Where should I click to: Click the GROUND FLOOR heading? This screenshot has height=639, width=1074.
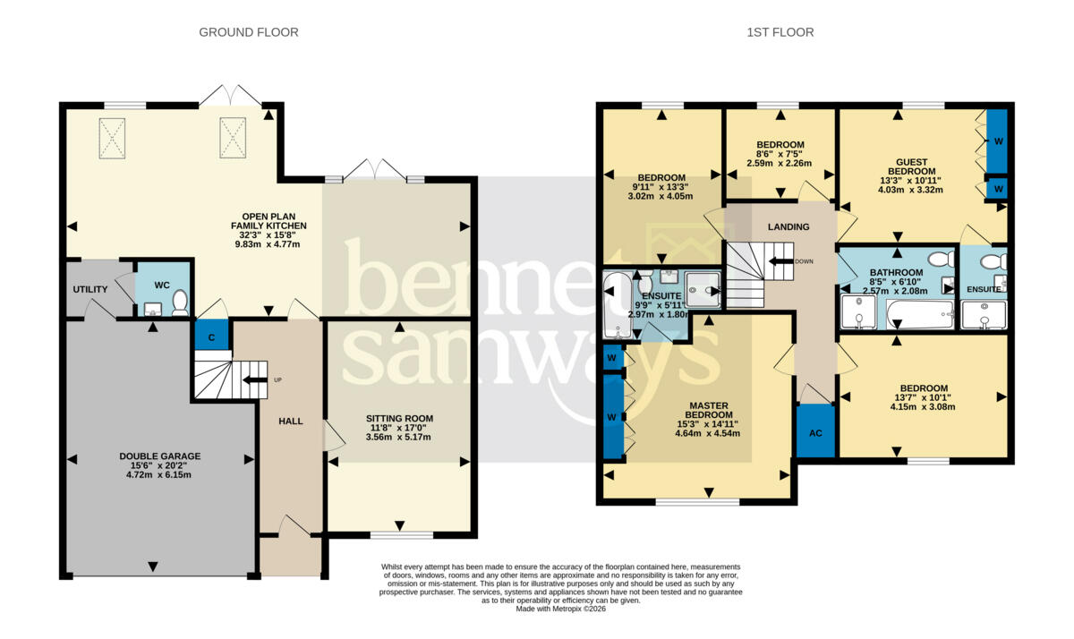coord(249,32)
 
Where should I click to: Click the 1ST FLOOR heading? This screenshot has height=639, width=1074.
coord(780,32)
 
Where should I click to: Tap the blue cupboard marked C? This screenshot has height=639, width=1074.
coord(211,335)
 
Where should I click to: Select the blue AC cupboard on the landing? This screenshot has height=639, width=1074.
coord(815,431)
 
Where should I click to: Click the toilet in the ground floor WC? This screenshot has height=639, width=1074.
coord(180,302)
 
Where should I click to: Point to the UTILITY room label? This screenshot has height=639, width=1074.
coord(90,290)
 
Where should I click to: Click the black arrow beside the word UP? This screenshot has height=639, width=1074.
coord(255,380)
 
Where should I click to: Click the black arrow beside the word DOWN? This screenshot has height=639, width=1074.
coord(781,261)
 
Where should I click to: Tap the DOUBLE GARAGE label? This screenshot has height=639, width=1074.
coord(159,456)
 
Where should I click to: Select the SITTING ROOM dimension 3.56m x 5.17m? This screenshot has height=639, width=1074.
coord(398,437)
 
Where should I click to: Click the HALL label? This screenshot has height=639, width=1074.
coord(291,422)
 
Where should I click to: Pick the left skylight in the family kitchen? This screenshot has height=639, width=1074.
coord(112,138)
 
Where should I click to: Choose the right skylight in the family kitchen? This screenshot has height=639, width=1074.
coord(233,138)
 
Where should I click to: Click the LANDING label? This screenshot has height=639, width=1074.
coord(788,226)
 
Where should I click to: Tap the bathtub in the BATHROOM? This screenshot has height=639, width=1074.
coord(920,314)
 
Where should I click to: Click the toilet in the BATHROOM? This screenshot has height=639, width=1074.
coord(941,260)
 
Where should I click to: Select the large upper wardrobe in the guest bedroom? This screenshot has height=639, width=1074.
coord(996,141)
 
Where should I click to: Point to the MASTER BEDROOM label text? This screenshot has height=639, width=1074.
coord(709,411)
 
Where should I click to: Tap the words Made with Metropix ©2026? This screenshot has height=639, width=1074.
coord(560,609)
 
